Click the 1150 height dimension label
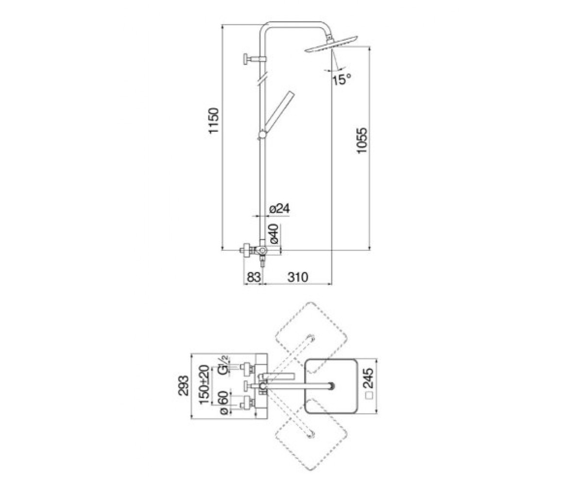214,120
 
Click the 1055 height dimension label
362,140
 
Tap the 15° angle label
341,80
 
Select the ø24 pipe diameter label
279,209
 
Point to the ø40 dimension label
274,234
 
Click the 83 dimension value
254,277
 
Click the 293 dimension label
183,386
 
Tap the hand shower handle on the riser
279,112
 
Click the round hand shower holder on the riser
262,135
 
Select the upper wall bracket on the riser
255,59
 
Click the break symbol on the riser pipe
262,78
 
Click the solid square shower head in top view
331,386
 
